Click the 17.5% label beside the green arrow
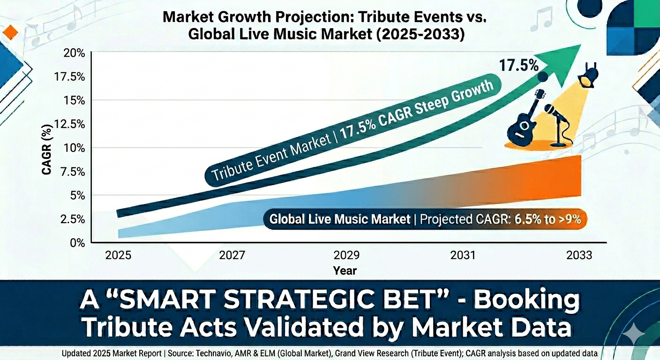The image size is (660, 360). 518,65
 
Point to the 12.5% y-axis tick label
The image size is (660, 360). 70,124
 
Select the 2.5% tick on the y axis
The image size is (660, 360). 72,219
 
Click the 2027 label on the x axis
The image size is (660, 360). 232,255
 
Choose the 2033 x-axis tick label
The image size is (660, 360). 578,255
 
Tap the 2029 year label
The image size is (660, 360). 346,255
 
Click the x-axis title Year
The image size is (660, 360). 345,270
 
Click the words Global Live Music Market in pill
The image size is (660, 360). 340,219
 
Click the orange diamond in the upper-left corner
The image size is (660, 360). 10,32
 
